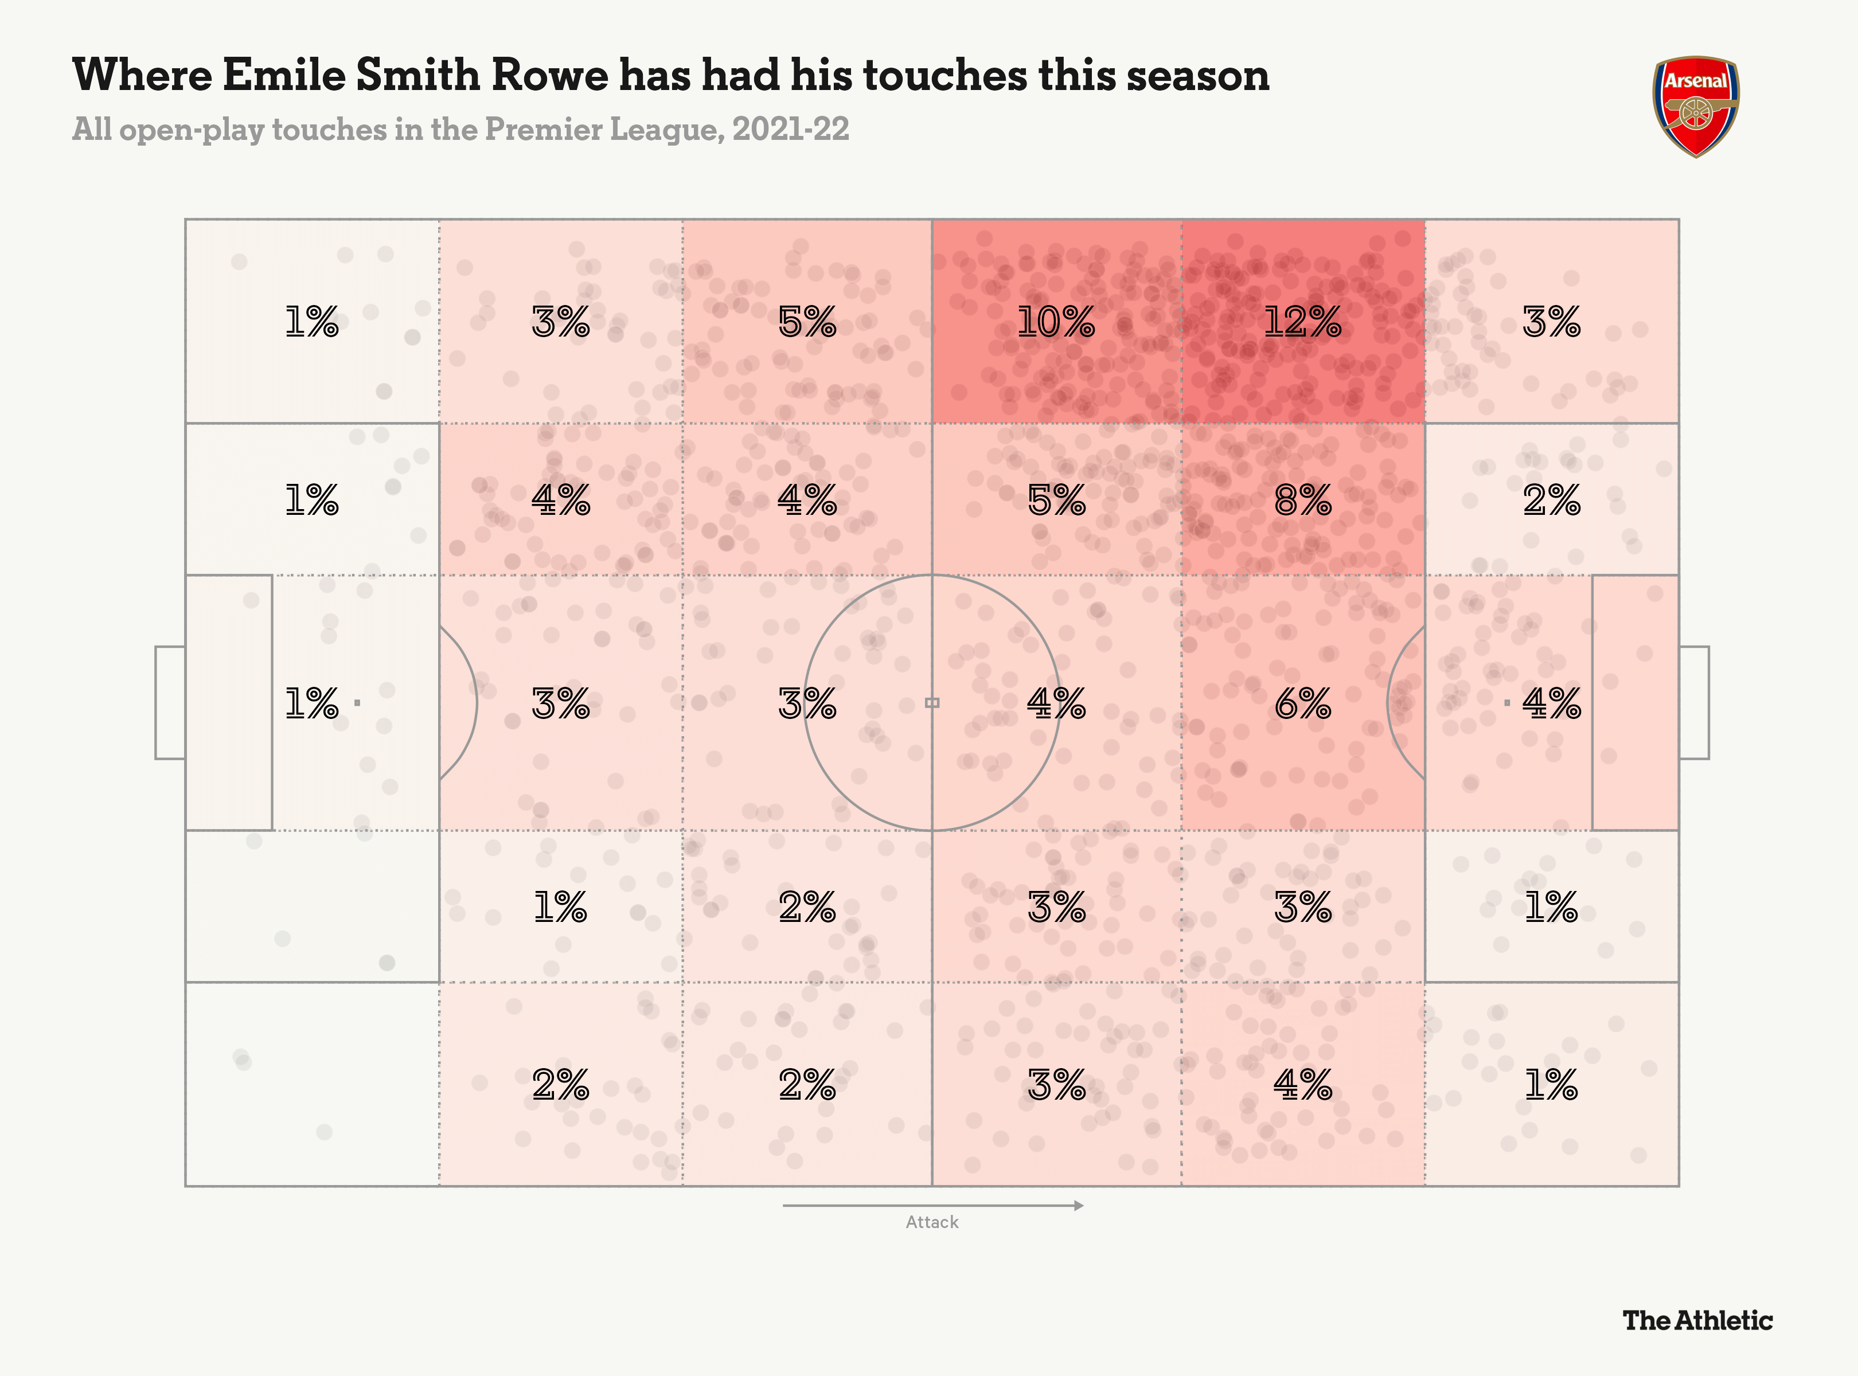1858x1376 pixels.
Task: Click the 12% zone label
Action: pos(1302,322)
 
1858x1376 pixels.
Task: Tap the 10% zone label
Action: pos(1056,322)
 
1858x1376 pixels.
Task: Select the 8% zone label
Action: pos(1302,500)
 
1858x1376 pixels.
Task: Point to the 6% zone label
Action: pos(1302,704)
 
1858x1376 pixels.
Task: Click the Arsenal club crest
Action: pos(1696,106)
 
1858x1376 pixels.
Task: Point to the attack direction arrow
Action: pos(932,1205)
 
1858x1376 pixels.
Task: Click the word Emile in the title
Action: pos(283,75)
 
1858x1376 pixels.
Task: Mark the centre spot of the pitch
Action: pos(932,703)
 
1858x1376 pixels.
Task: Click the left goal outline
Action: pos(170,702)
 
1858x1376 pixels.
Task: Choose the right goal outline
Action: pos(1694,702)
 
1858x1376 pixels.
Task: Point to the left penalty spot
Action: pos(357,703)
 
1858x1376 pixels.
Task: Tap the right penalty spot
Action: pos(1506,703)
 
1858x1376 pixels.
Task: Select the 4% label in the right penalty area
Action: pos(1551,704)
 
